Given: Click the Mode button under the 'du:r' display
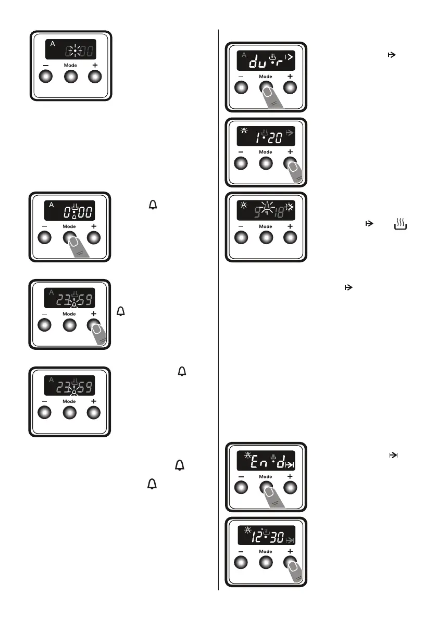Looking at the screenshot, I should click(266, 87).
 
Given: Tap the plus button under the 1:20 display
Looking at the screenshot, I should click(290, 162).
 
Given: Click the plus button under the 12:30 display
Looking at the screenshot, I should click(290, 562).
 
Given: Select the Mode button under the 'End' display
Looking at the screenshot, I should click(266, 488).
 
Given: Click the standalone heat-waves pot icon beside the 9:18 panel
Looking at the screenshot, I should click(401, 224).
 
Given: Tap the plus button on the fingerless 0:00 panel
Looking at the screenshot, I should click(94, 78).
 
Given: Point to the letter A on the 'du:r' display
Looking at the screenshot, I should click(243, 55).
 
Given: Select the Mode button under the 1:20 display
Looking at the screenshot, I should click(266, 162).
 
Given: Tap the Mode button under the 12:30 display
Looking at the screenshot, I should click(266, 562).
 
